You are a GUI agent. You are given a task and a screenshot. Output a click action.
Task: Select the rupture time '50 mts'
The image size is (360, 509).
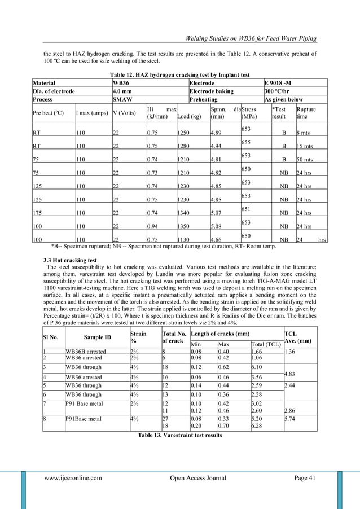(305, 160)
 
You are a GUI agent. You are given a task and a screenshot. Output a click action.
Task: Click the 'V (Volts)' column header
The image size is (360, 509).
(125, 112)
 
